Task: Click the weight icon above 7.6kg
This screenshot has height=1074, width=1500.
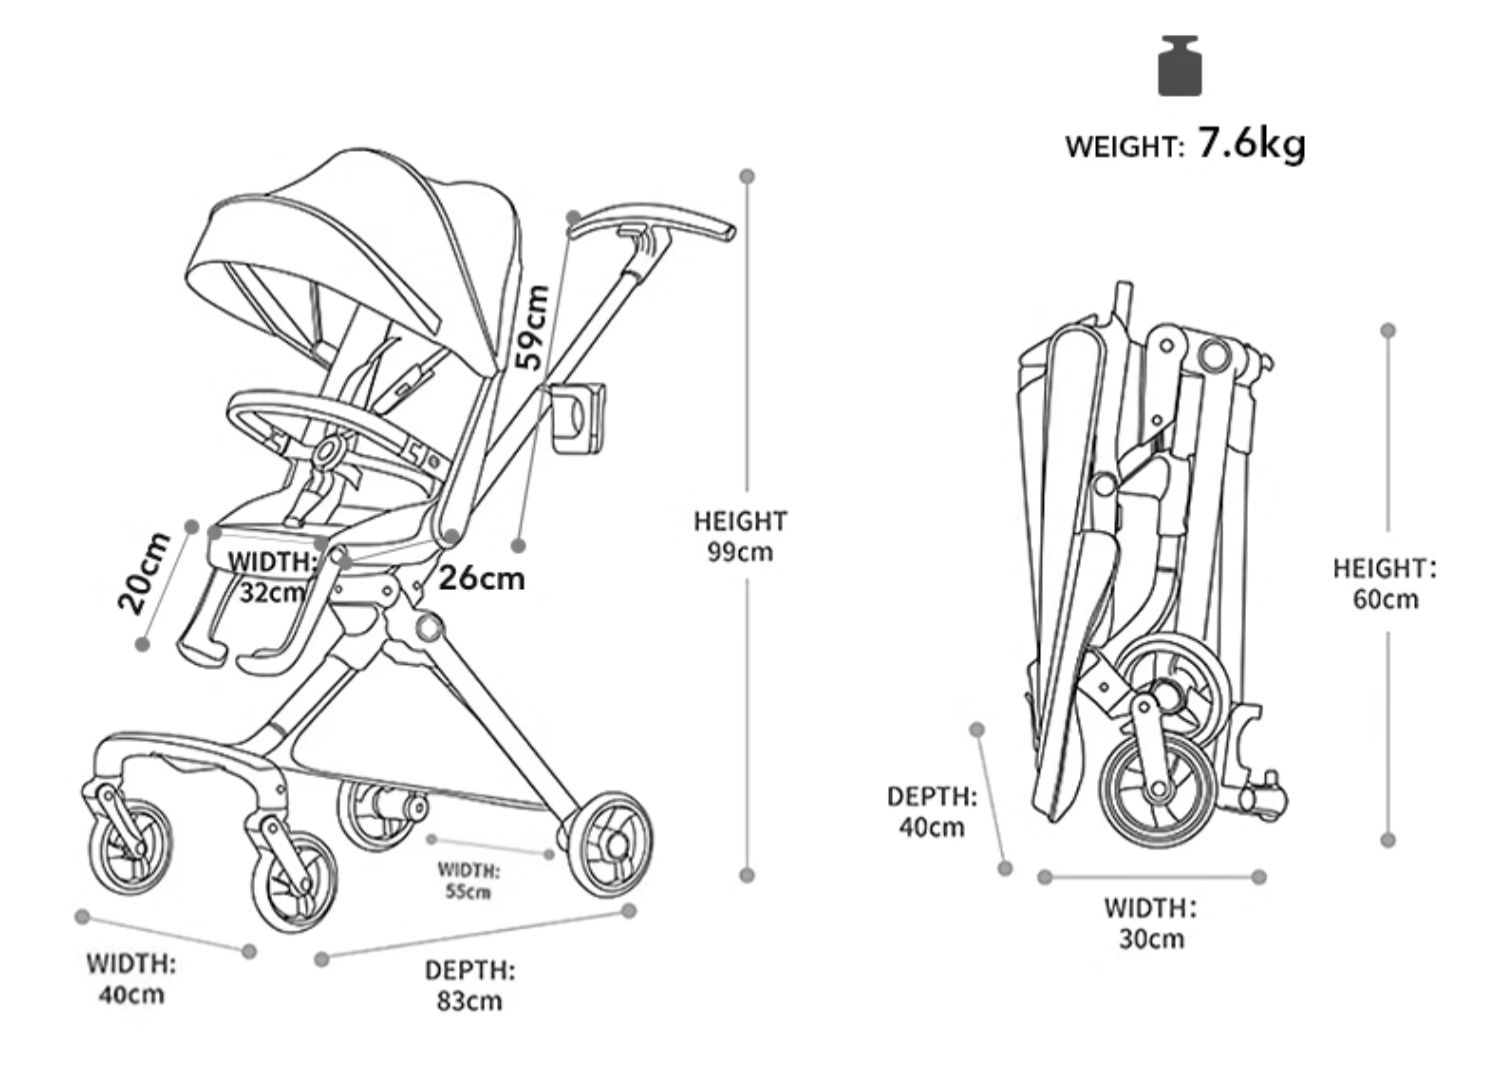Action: (x=1180, y=66)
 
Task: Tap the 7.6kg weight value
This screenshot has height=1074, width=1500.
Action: (x=1251, y=144)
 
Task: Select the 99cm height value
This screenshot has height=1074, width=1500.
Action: (x=740, y=552)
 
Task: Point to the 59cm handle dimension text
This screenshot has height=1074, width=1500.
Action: (x=532, y=327)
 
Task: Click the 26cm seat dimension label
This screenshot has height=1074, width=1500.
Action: (x=481, y=579)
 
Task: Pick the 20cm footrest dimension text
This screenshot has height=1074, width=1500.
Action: (x=143, y=572)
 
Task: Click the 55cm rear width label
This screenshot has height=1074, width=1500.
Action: (x=469, y=892)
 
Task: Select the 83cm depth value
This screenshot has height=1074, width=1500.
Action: (x=469, y=1001)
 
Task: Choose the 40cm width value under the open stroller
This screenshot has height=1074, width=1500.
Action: (x=132, y=994)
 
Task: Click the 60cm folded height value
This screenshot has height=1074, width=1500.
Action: (x=1385, y=599)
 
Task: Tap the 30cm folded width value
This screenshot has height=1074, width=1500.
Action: (x=1152, y=939)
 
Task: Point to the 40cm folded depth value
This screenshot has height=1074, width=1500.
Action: (x=932, y=828)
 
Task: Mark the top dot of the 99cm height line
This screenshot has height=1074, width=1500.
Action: (x=747, y=176)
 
